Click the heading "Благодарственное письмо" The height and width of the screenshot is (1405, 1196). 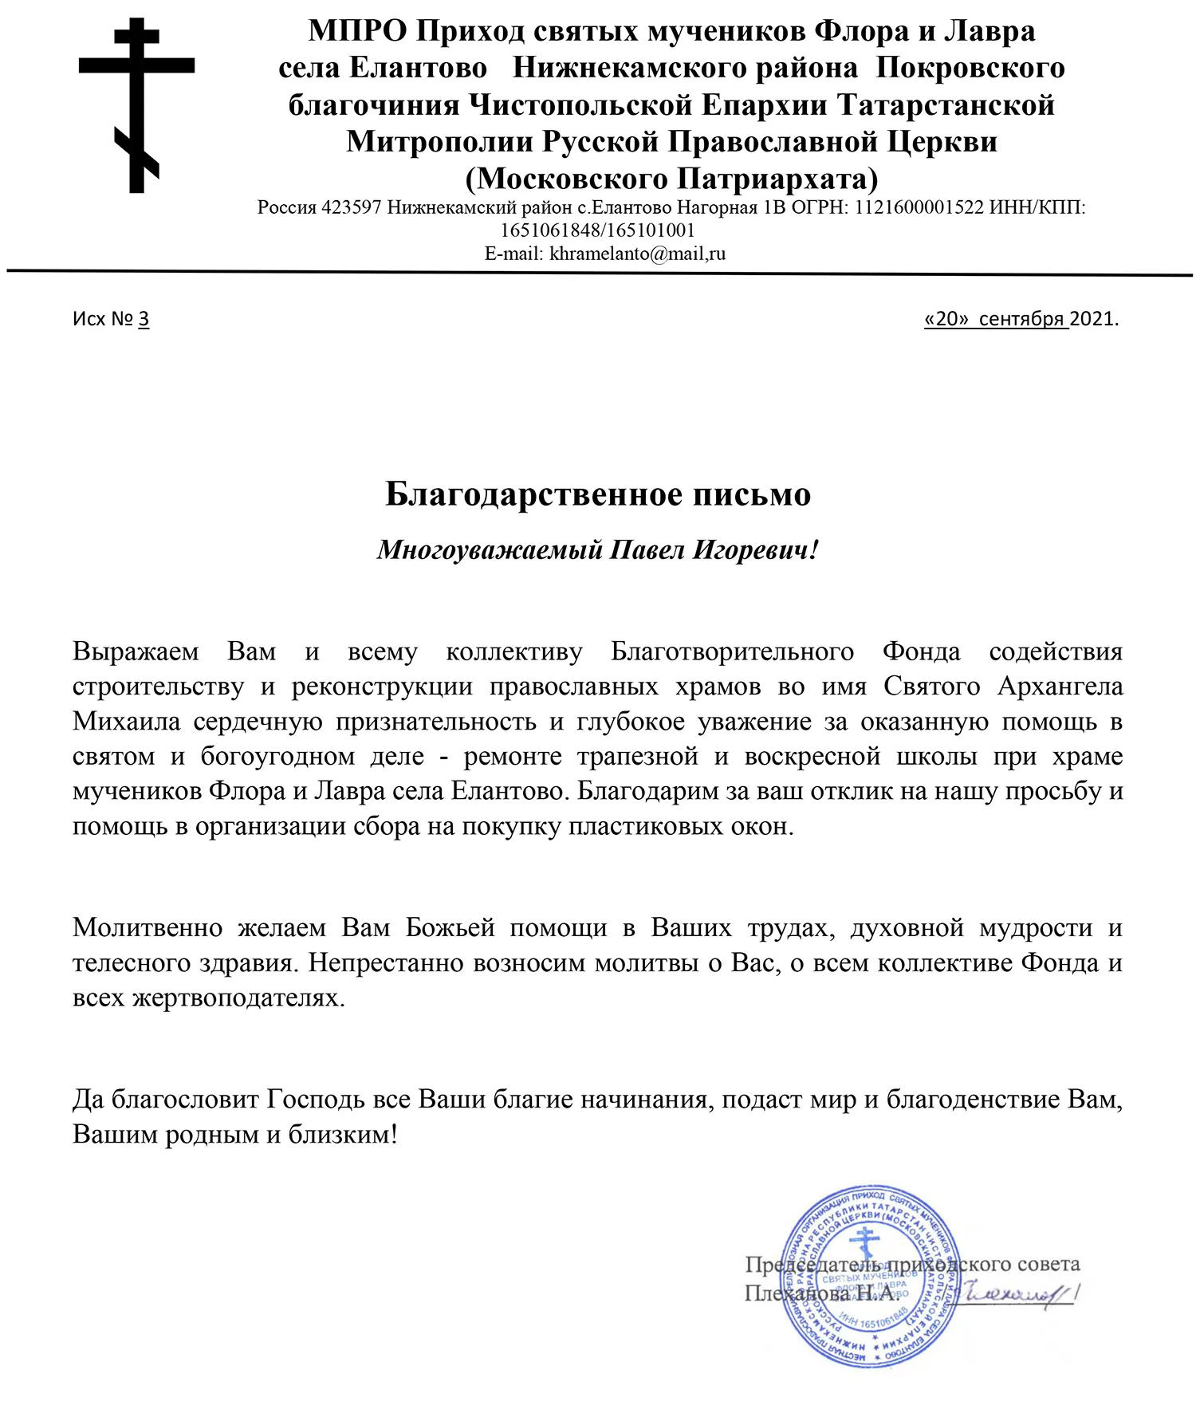598,494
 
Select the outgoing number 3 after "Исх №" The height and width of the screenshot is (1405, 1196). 144,319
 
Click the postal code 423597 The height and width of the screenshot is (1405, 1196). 351,208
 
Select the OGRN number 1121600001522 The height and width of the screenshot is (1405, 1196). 919,208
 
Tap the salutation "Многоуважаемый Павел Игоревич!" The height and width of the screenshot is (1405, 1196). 598,550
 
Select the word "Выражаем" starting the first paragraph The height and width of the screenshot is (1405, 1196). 136,651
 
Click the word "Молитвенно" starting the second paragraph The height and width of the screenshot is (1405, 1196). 148,928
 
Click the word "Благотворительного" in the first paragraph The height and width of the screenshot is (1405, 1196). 732,651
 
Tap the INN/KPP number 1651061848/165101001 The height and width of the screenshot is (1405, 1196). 598,231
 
